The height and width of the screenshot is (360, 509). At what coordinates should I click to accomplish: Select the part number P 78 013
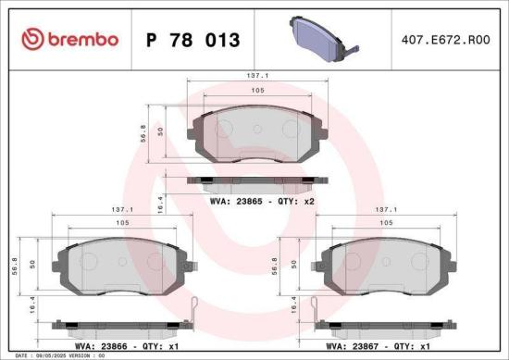[x=193, y=40]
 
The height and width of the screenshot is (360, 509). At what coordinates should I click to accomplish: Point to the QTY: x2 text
[x=296, y=200]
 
